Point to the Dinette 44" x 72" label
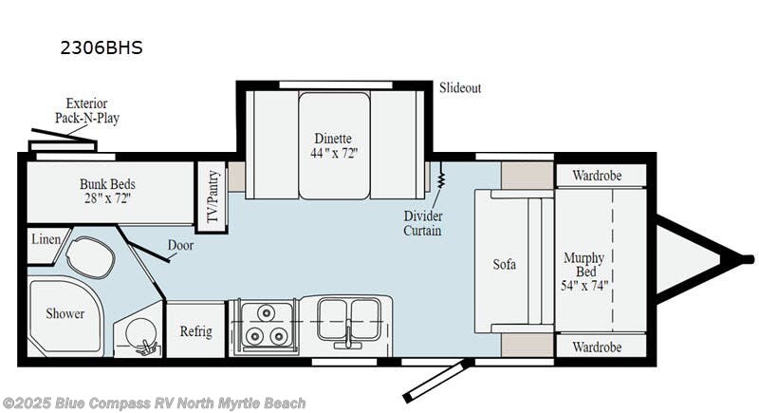pyautogui.click(x=334, y=145)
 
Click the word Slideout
pyautogui.click(x=459, y=88)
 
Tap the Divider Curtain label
pyautogui.click(x=423, y=223)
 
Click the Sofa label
pyautogui.click(x=504, y=264)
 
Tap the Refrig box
pyautogui.click(x=195, y=331)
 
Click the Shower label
pyautogui.click(x=65, y=313)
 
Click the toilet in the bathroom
pyautogui.click(x=90, y=256)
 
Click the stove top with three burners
pyautogui.click(x=263, y=326)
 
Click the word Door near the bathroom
pyautogui.click(x=180, y=245)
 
